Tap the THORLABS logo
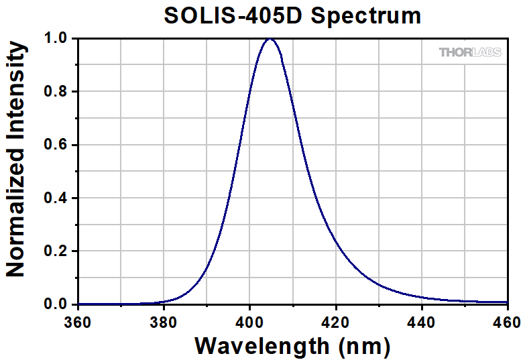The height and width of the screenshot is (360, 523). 470,52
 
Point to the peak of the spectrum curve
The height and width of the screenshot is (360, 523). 271,39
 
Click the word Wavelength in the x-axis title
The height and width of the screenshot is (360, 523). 261,346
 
